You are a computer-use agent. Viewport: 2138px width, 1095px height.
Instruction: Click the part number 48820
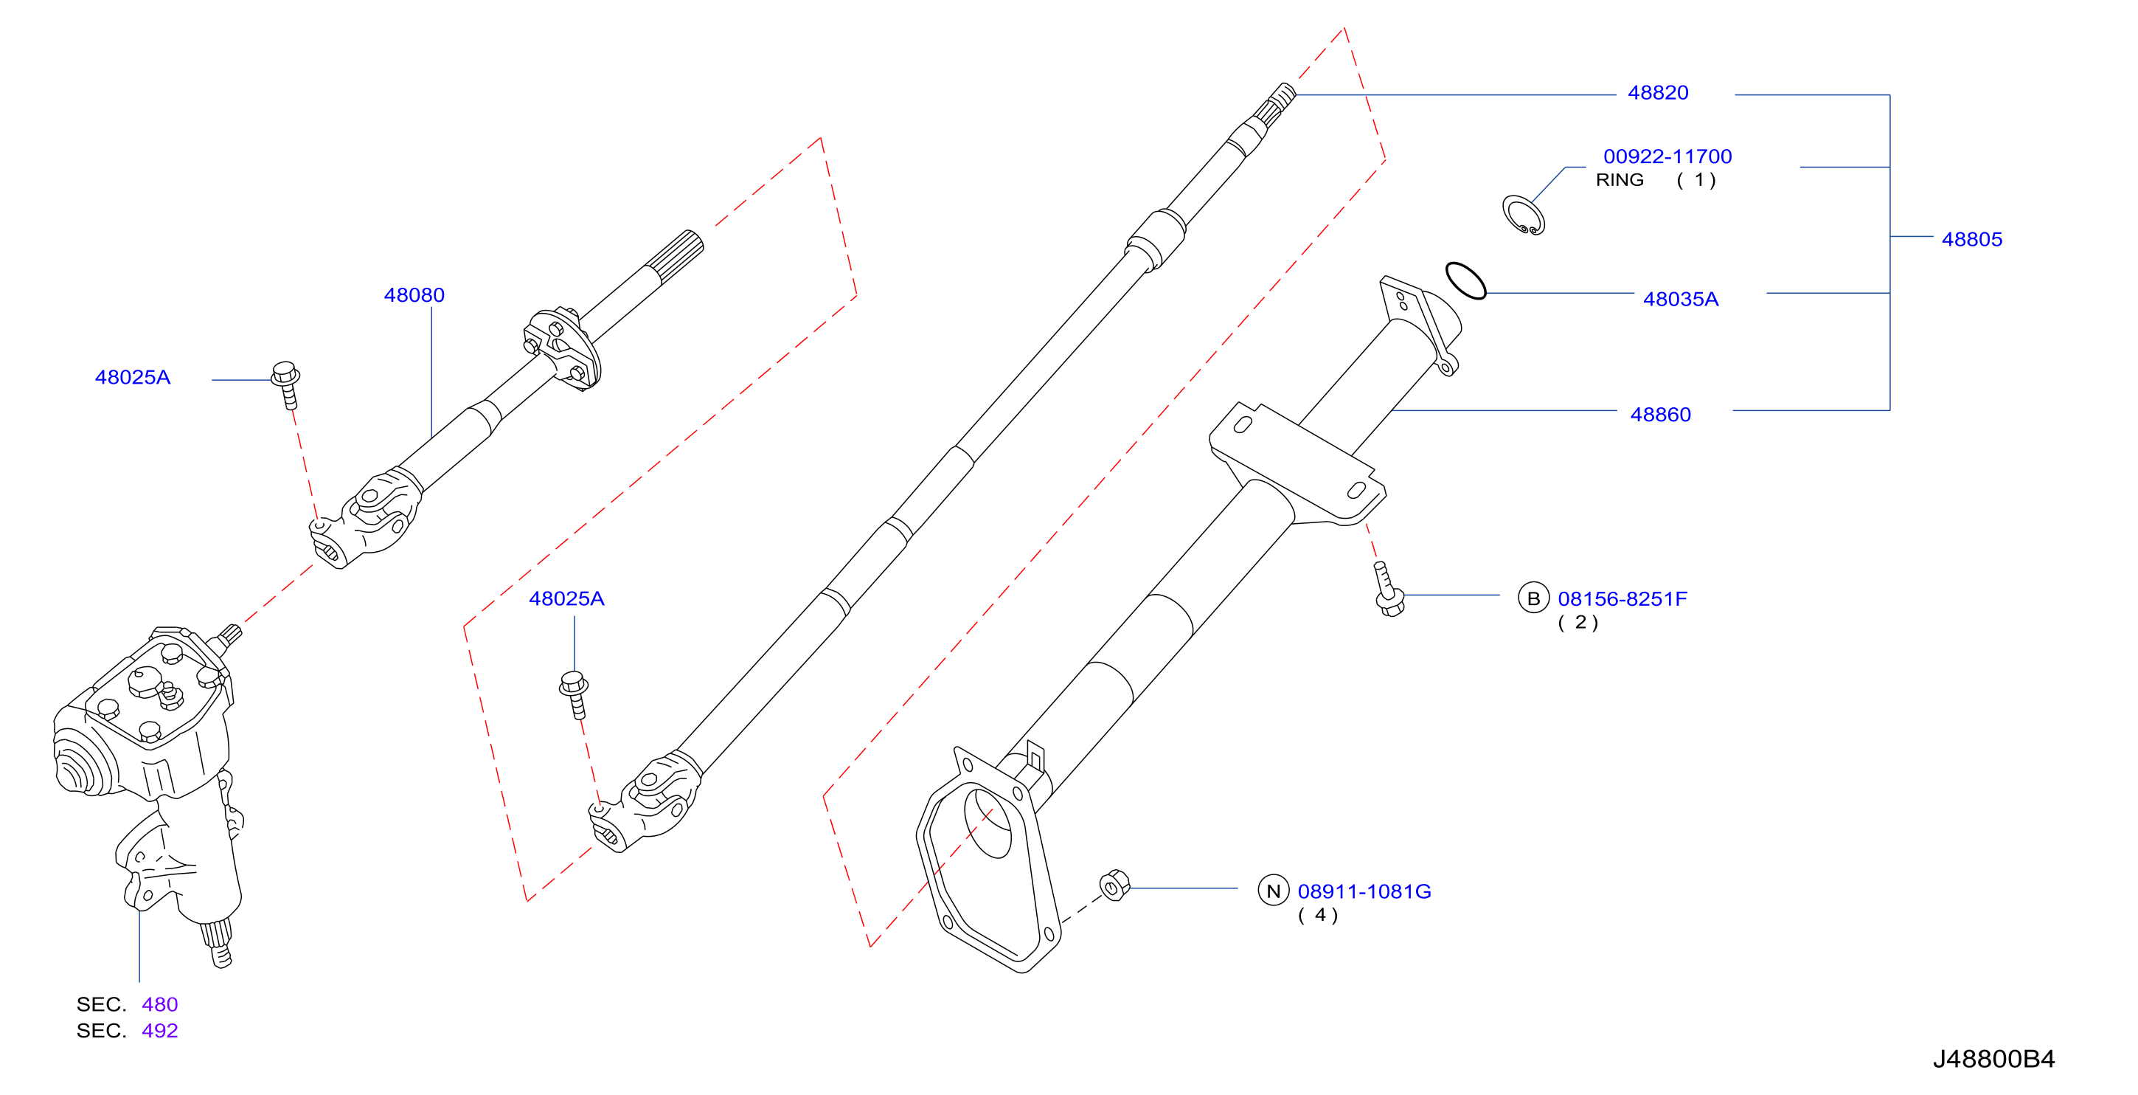[x=1657, y=93]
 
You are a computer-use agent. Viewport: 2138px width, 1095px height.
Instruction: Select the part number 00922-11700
[x=1667, y=157]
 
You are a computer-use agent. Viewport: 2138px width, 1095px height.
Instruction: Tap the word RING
[x=1620, y=180]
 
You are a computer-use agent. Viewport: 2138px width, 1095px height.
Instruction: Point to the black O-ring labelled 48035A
[x=1465, y=280]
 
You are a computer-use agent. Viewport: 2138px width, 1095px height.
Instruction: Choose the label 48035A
[x=1681, y=300]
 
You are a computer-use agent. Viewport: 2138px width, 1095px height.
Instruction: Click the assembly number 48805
[x=1972, y=240]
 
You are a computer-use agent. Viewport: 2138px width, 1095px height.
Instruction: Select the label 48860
[x=1660, y=415]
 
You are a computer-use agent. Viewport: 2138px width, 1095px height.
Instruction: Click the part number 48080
[x=414, y=296]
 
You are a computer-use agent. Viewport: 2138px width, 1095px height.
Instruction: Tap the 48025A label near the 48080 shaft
[x=133, y=378]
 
